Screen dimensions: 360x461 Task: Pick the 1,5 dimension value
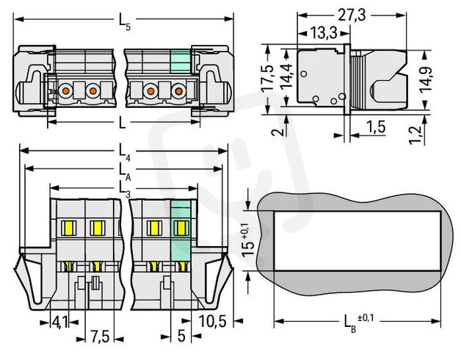[375, 128]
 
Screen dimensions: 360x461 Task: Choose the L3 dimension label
[124, 187]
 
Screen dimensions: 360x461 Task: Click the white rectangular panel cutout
[360, 240]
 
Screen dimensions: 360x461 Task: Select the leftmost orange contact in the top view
[65, 90]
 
